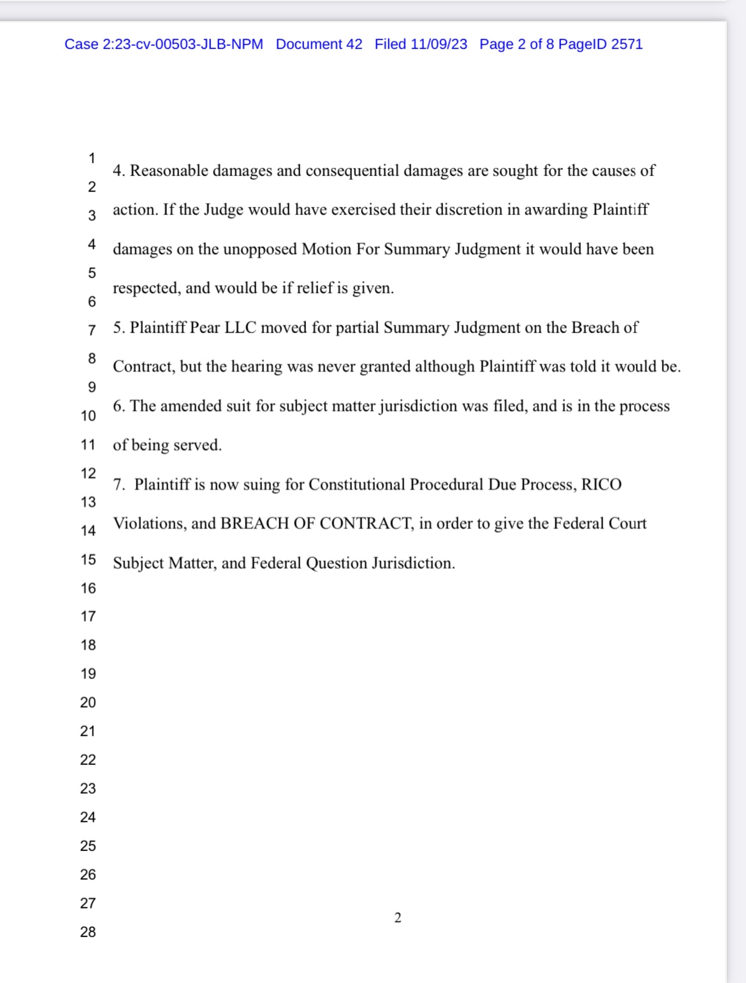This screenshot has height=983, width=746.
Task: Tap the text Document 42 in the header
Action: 319,44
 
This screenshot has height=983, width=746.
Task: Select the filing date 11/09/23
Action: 439,44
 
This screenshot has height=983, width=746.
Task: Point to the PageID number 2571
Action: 627,44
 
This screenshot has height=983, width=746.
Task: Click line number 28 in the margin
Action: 88,932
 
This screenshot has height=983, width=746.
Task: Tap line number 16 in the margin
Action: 88,588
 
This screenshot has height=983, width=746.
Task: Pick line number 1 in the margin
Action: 92,158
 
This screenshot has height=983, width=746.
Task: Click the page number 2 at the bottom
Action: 398,917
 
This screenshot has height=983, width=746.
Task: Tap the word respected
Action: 146,289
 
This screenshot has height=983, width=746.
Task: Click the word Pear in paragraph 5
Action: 205,328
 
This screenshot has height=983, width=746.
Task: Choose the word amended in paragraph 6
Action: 189,406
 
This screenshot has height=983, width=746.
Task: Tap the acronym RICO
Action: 601,484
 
